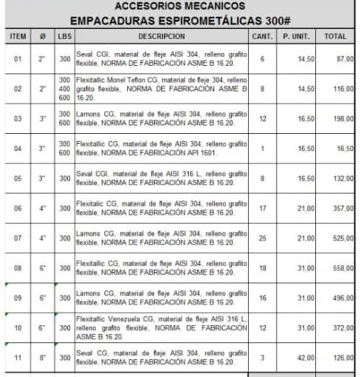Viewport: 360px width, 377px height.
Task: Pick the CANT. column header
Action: point(262,35)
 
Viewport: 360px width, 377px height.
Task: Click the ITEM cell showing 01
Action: point(18,59)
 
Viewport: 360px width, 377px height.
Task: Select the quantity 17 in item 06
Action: point(262,208)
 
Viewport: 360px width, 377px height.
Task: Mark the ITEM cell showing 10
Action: point(18,327)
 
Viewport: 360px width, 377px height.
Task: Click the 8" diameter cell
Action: point(43,357)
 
